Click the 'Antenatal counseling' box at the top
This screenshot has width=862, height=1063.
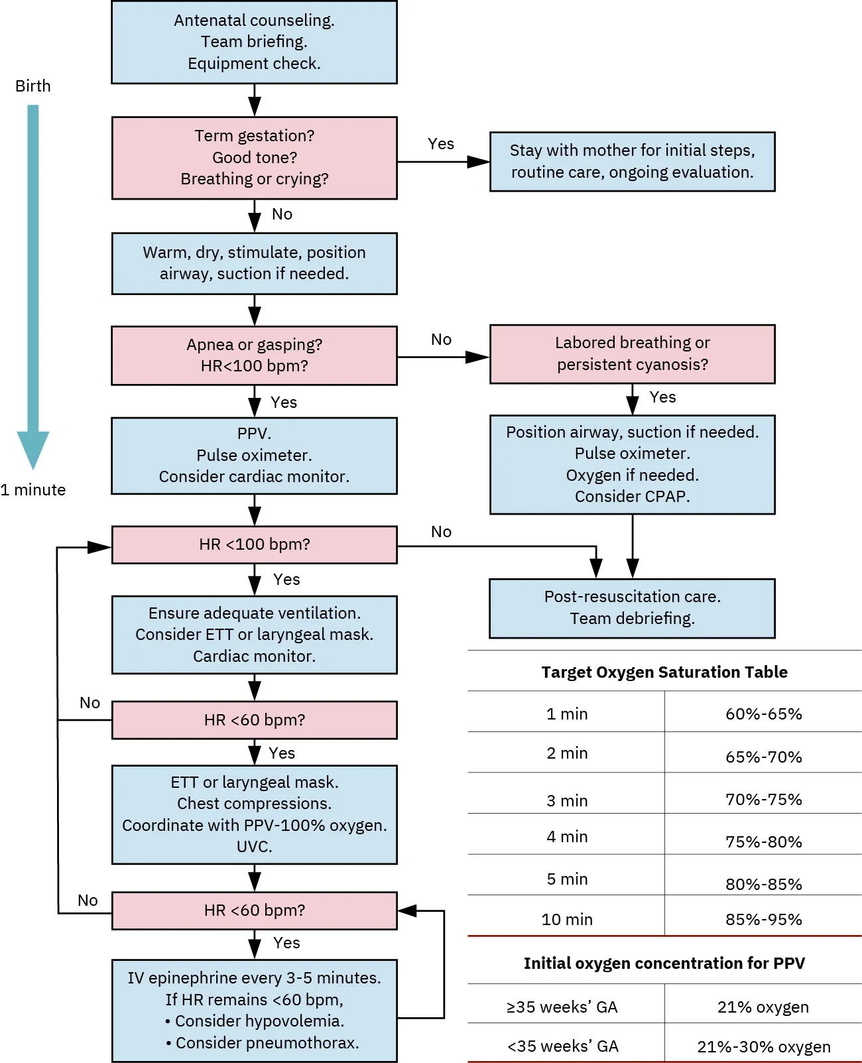[x=254, y=42]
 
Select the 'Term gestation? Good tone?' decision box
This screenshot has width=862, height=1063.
[x=254, y=158]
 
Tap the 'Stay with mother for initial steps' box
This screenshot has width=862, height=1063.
[x=632, y=161]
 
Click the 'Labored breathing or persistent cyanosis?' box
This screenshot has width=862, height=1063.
[x=632, y=353]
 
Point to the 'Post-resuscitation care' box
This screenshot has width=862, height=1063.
[x=632, y=607]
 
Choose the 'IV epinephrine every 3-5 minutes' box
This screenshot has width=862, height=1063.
[x=254, y=1010]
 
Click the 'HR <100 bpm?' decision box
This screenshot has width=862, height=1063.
[x=254, y=544]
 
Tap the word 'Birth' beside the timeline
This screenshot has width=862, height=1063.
[x=32, y=86]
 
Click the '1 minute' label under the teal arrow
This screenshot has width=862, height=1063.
[x=33, y=490]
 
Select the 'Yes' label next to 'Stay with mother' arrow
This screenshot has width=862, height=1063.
[x=441, y=144]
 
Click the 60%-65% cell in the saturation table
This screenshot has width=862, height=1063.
[x=763, y=714]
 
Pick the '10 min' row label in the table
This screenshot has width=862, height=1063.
[x=567, y=920]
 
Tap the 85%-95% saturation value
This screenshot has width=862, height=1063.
[x=763, y=920]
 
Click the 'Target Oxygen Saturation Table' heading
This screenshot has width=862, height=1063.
[x=664, y=672]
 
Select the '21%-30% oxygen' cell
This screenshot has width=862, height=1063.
[x=763, y=1047]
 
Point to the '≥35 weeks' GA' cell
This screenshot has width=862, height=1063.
[x=562, y=1007]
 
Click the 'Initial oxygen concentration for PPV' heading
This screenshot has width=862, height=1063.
[x=664, y=964]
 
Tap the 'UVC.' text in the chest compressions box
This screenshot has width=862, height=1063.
[x=254, y=847]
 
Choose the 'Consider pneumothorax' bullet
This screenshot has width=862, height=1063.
[x=262, y=1043]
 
